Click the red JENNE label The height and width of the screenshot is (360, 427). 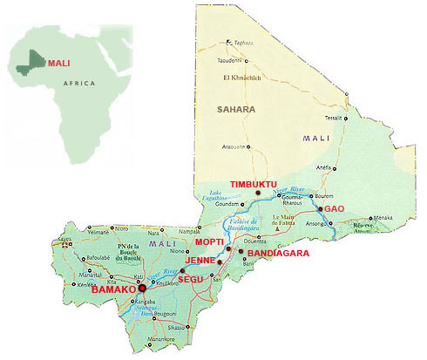(199, 261)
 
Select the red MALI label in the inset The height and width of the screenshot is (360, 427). (58, 63)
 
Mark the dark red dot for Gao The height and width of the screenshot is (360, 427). (320, 210)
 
